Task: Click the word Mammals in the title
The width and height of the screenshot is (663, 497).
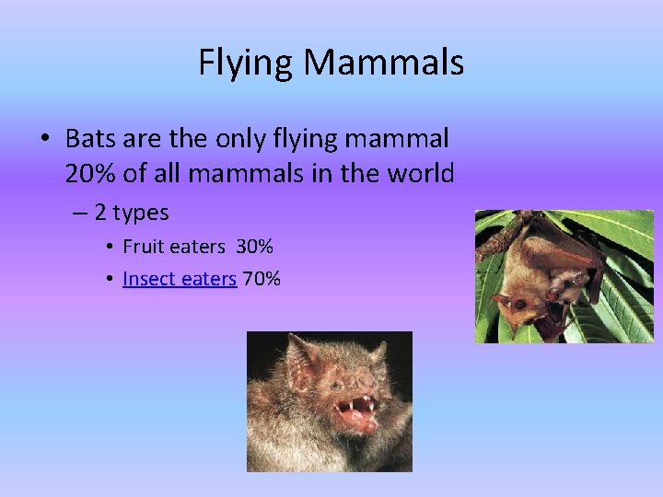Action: pos(384,64)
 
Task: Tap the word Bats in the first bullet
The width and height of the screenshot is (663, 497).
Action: pos(90,139)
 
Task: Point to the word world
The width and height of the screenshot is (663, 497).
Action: pos(417,172)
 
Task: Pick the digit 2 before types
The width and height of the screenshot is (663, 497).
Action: pos(100,213)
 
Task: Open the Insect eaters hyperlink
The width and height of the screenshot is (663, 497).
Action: pos(179,278)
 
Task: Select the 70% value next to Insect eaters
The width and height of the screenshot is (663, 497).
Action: pos(262,278)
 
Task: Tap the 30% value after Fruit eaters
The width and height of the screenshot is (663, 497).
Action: pos(254,247)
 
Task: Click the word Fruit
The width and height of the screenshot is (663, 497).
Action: pos(142,247)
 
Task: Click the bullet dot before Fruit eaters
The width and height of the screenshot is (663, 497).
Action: pos(109,248)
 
